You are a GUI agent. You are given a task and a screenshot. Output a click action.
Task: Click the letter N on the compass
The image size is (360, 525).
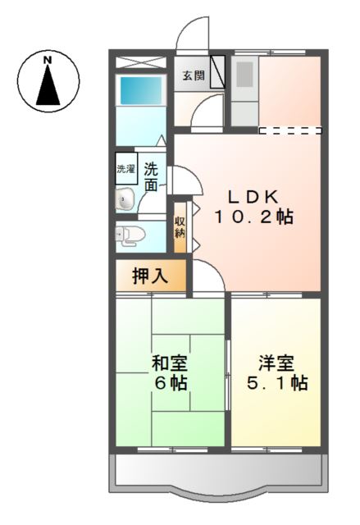48,60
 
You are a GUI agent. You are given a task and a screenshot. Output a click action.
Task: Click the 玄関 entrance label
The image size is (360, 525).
194,76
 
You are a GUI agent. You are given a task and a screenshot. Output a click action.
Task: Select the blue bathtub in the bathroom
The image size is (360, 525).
135,90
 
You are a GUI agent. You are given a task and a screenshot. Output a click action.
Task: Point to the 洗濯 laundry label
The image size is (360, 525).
125,170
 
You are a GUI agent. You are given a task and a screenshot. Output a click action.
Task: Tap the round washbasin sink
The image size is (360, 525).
125,198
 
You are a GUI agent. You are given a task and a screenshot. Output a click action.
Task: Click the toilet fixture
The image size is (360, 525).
131,235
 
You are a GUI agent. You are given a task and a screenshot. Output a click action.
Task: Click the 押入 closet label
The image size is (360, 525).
151,276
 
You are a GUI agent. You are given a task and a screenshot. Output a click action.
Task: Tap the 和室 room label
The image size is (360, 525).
169,363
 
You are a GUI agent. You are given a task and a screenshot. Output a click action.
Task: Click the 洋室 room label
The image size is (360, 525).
273,363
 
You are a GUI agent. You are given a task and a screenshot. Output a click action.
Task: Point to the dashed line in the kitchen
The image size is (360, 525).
289,130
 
